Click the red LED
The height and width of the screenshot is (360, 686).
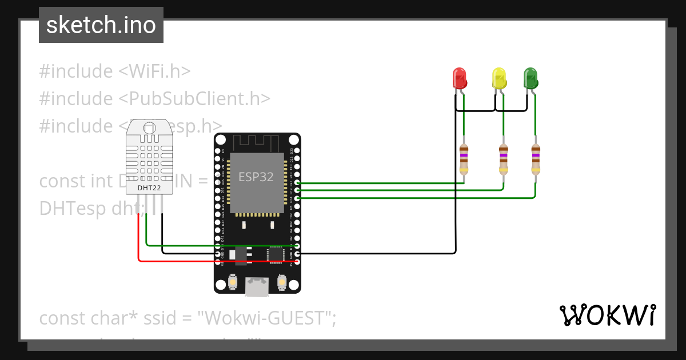pos(460,78)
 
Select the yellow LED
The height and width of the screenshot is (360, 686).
pos(499,78)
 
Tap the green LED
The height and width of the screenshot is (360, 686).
pos(531,78)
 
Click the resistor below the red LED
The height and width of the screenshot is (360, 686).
pos(464,159)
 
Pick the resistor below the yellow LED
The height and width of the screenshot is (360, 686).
pos(503,159)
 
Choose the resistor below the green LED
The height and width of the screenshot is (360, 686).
pos(535,159)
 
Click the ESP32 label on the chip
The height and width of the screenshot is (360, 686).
pos(256,177)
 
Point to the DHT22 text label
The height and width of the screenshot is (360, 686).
pos(149,187)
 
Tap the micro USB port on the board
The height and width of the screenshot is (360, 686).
pos(257,286)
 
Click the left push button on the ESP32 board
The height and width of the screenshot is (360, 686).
pos(233,282)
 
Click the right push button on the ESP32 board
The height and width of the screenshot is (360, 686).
pos(281,282)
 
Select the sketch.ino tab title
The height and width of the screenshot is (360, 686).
pos(101,25)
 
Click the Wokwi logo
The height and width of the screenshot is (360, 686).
pos(607,315)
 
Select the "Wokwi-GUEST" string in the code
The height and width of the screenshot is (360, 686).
pos(266,318)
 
